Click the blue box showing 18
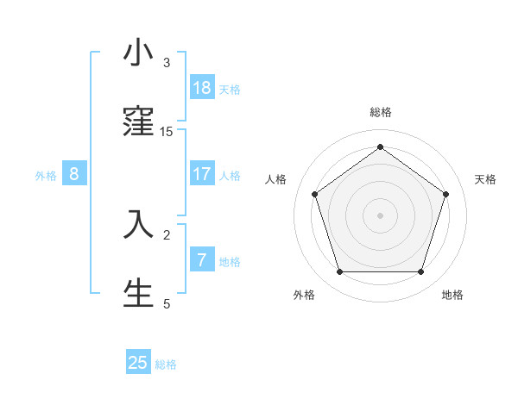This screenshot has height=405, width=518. (202, 88)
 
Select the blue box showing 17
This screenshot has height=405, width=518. (202, 174)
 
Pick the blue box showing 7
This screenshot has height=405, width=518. (202, 260)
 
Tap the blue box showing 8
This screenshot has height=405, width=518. (74, 174)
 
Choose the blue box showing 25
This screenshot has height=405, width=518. (138, 363)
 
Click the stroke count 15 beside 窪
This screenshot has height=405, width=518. (167, 132)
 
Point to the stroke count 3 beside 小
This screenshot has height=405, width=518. (167, 63)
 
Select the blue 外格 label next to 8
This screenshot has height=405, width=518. (46, 176)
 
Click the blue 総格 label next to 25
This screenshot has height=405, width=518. (166, 364)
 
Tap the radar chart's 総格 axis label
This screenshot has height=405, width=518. (380, 112)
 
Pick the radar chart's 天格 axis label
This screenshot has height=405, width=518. (485, 179)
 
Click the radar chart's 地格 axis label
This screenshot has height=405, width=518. (452, 295)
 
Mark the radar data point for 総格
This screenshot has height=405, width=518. (380, 146)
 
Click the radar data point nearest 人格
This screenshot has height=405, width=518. (315, 194)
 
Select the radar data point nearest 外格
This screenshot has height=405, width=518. (339, 272)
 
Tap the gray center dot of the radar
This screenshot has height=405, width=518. (380, 215)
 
